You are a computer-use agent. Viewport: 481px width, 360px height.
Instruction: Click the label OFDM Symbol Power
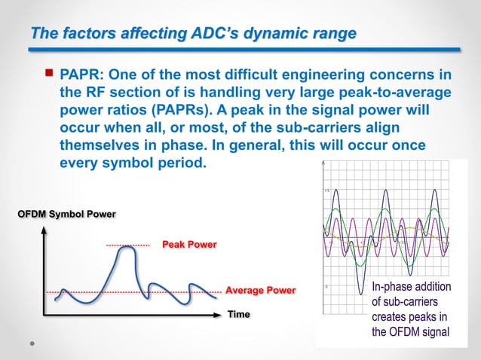click(66, 215)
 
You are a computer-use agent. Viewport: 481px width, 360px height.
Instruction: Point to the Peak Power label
click(189, 245)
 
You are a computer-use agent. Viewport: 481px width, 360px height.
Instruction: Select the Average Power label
click(261, 290)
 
